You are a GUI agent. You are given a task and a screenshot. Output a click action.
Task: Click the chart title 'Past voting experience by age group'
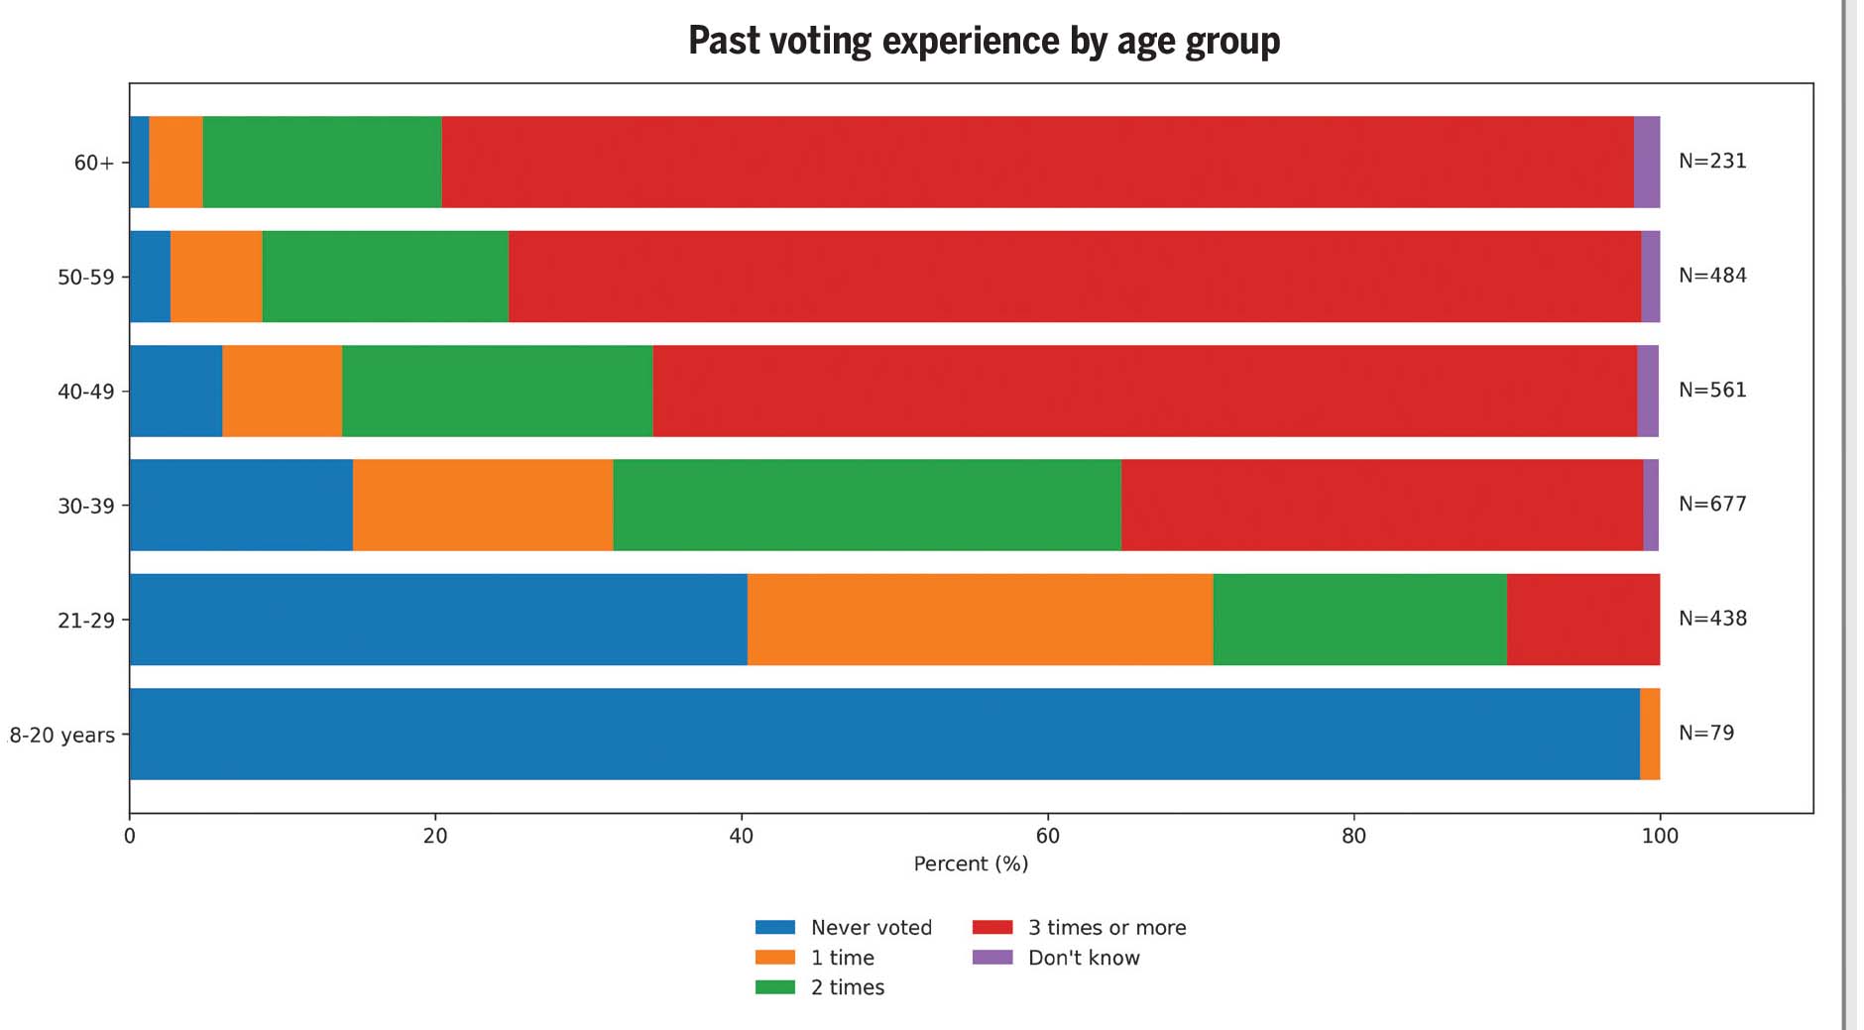pyautogui.click(x=984, y=42)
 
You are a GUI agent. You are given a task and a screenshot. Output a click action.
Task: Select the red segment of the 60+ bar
pyautogui.click(x=1037, y=162)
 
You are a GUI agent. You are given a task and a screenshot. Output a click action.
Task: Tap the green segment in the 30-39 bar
pyautogui.click(x=867, y=505)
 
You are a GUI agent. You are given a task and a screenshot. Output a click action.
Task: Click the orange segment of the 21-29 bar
pyautogui.click(x=980, y=620)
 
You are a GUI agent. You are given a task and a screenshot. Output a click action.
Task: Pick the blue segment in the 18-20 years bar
pyautogui.click(x=883, y=734)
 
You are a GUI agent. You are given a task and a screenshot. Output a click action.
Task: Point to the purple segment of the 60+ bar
pyautogui.click(x=1646, y=162)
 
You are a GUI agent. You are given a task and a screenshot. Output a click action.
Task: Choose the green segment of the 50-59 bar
pyautogui.click(x=385, y=277)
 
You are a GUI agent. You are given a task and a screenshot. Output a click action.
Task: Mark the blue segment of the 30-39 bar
pyautogui.click(x=241, y=505)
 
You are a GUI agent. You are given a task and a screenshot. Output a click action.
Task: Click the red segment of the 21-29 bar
pyautogui.click(x=1582, y=620)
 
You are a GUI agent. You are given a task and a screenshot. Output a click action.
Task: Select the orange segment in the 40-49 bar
pyautogui.click(x=282, y=391)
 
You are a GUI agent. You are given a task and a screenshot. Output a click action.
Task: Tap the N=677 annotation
pyautogui.click(x=1712, y=504)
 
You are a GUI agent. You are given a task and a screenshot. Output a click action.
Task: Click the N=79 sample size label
pyautogui.click(x=1705, y=733)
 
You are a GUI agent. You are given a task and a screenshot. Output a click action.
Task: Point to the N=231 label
pyautogui.click(x=1712, y=161)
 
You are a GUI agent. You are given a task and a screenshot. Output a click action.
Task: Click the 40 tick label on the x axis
pyautogui.click(x=741, y=836)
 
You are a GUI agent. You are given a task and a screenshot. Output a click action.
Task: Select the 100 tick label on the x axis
pyautogui.click(x=1659, y=836)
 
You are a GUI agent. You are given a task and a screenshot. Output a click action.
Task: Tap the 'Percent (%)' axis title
pyautogui.click(x=971, y=863)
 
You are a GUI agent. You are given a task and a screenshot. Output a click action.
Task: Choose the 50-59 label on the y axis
pyautogui.click(x=86, y=277)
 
